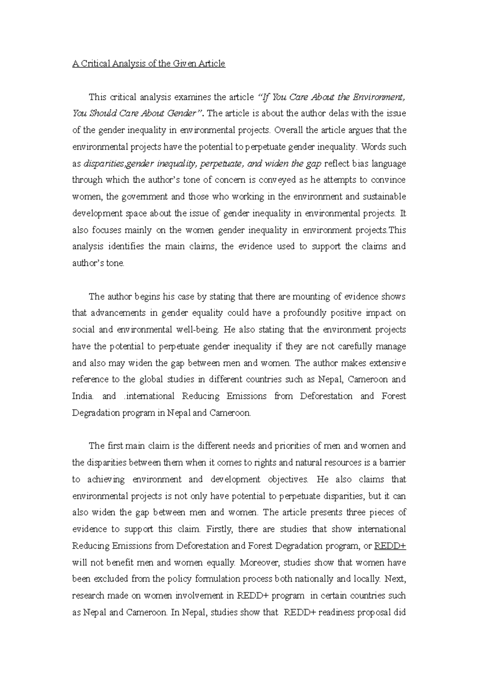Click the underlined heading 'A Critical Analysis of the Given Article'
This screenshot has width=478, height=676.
[149, 64]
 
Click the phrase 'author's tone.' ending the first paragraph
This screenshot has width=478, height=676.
[98, 263]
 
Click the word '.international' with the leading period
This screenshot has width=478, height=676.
[149, 396]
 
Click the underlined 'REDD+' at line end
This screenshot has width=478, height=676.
[390, 546]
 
